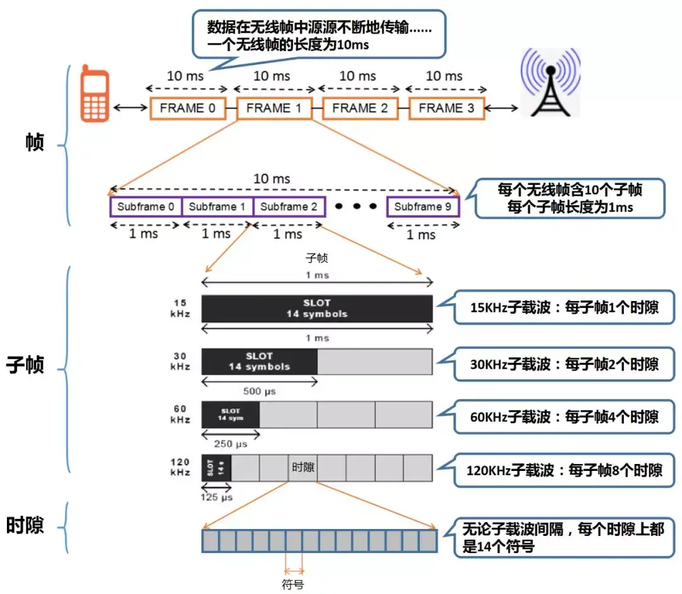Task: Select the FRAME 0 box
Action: (188, 109)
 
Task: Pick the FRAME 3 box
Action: (446, 109)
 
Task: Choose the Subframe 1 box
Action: (217, 207)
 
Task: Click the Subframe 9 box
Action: (422, 207)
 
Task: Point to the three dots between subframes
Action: (356, 207)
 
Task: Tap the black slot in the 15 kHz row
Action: (316, 308)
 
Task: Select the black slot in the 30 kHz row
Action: (259, 362)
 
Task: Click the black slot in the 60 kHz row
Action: (230, 415)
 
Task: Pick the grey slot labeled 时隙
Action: (303, 468)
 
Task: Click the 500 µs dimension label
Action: (260, 391)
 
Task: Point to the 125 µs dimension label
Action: (217, 497)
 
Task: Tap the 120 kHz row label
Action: (180, 467)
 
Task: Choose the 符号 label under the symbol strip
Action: (294, 583)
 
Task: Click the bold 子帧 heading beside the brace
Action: (25, 365)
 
